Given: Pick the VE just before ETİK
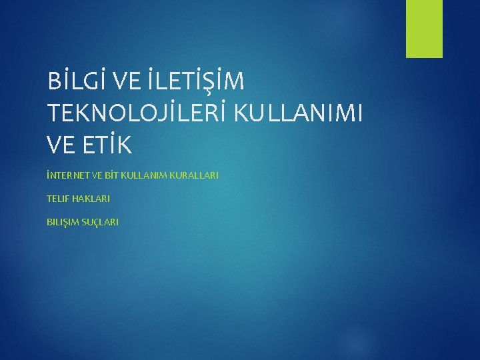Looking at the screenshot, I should click(x=62, y=143).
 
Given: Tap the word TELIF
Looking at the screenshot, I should click(x=58, y=199).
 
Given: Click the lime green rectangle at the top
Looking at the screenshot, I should click(x=425, y=28).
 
